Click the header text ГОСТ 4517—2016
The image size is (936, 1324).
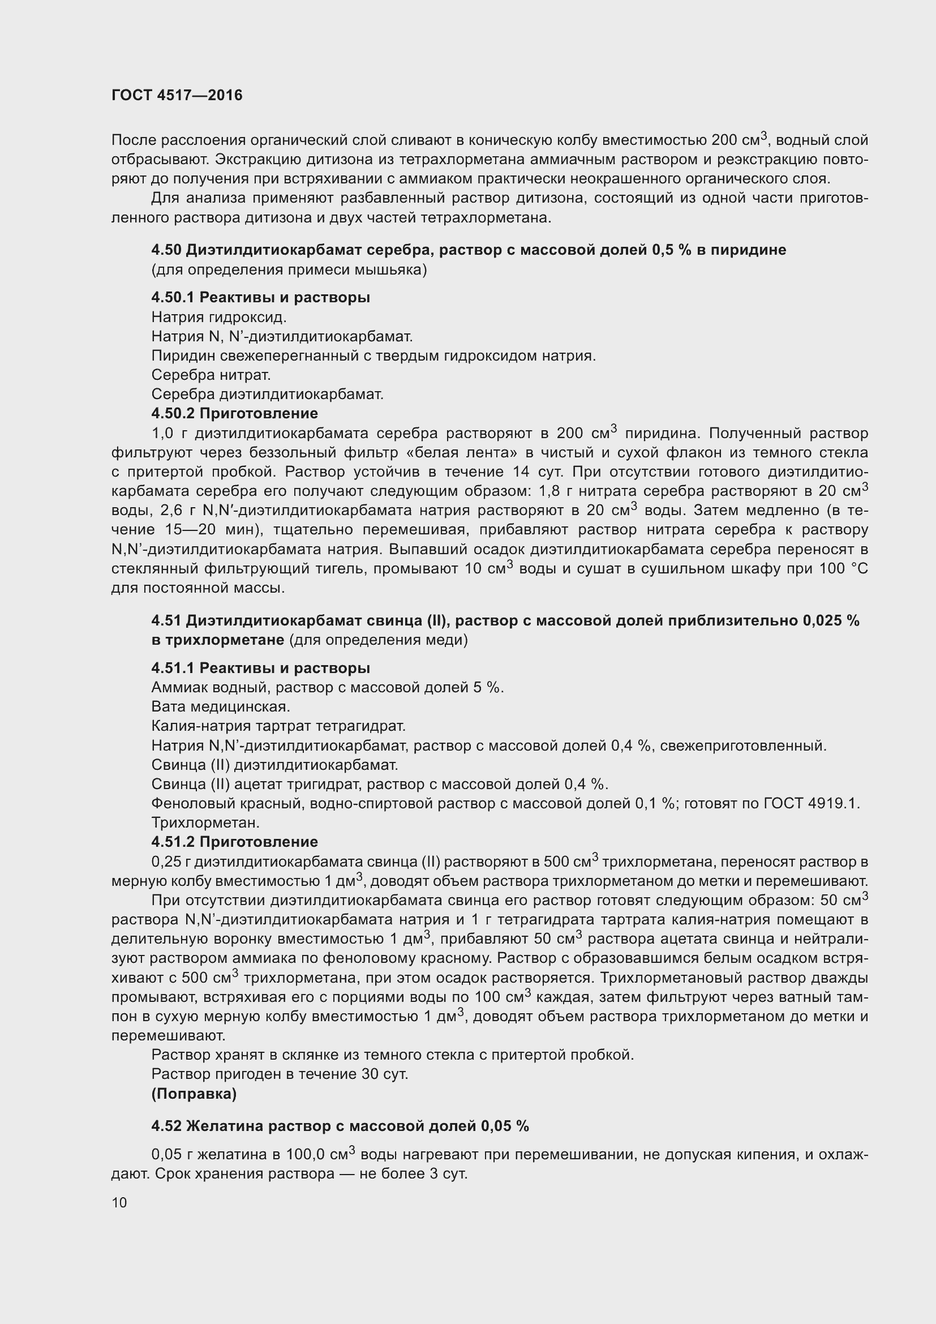(x=177, y=95)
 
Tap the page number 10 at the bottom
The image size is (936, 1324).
(x=119, y=1202)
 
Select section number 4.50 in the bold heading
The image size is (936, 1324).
(x=166, y=250)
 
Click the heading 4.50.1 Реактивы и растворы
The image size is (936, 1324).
(x=260, y=298)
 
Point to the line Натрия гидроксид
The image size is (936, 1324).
(x=219, y=317)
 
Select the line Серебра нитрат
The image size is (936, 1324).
(x=211, y=375)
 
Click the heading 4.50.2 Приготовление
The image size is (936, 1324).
(x=235, y=413)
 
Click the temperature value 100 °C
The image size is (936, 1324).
(x=843, y=569)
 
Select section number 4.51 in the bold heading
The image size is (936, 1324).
(x=166, y=620)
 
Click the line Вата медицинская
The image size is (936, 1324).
(x=221, y=707)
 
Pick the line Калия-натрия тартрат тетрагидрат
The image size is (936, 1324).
(x=278, y=726)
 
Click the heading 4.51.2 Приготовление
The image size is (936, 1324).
(x=235, y=842)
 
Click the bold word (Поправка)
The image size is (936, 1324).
(x=194, y=1094)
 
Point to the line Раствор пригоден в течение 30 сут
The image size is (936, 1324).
(x=280, y=1074)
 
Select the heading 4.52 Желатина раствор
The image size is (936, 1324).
(x=340, y=1126)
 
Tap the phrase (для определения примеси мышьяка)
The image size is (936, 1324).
(x=289, y=270)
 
